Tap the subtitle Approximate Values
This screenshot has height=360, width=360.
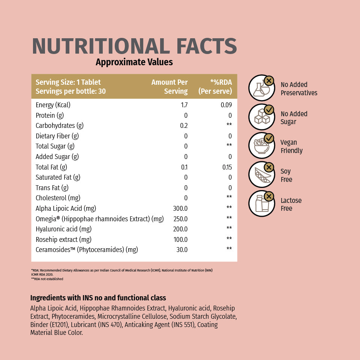point(134,62)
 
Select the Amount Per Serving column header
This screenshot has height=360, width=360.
point(169,87)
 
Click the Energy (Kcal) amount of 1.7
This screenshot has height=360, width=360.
point(184,105)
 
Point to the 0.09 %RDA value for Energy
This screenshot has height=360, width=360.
point(226,105)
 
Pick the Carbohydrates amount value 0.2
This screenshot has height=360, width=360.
point(183,126)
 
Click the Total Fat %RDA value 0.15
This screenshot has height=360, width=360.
point(227,167)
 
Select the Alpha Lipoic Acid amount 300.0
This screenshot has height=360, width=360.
point(180,208)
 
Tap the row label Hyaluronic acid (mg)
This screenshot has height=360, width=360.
point(64,229)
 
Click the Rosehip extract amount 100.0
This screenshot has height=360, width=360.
point(180,240)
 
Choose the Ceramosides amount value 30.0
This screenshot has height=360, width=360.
point(182,250)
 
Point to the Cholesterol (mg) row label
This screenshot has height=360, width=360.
point(58,198)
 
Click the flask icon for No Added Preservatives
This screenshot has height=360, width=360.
point(261,88)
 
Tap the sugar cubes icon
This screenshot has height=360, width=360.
point(261,117)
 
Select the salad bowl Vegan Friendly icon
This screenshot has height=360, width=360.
point(261,146)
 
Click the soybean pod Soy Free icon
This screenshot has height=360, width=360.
point(261,175)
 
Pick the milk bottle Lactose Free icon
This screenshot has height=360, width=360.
point(261,204)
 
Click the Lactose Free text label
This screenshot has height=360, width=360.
point(291,204)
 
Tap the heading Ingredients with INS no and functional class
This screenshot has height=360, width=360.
point(98,298)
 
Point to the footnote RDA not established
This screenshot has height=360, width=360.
point(47,279)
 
